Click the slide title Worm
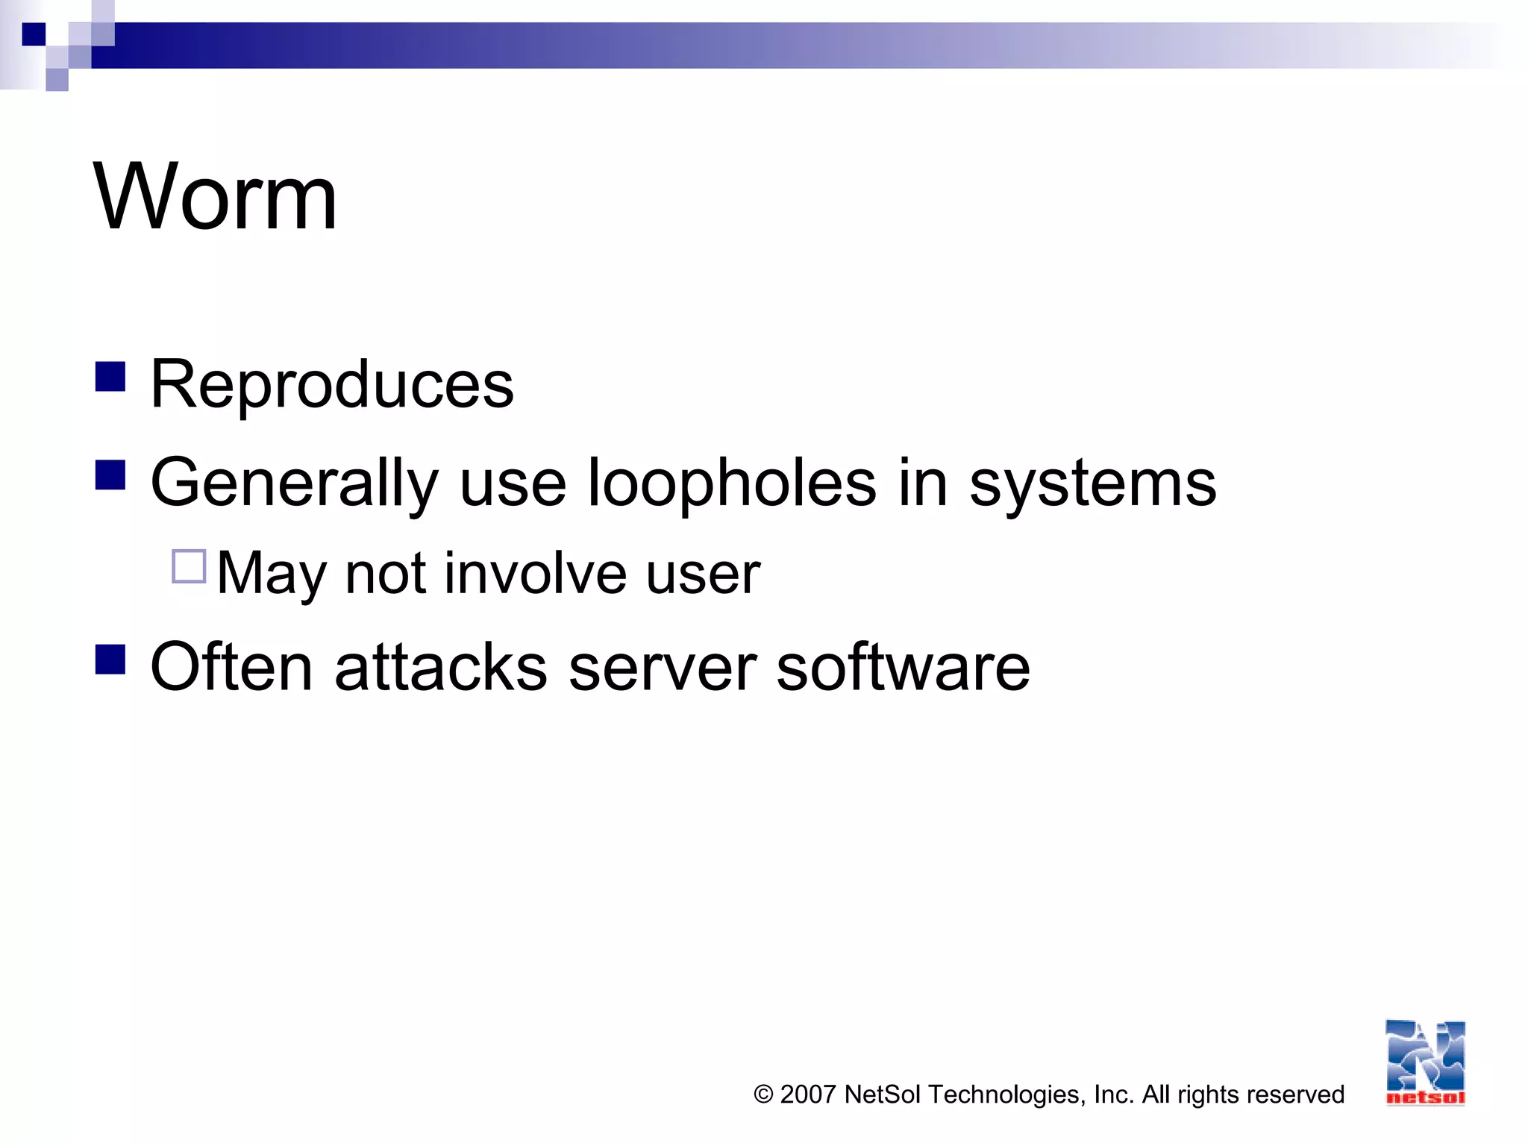pos(215,198)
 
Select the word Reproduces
pos(332,385)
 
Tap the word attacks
pos(441,666)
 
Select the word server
pos(663,666)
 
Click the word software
pos(903,666)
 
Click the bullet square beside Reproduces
pos(110,377)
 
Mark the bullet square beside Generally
pos(110,475)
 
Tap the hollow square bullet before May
pos(189,566)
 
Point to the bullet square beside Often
pos(110,659)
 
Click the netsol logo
pos(1425,1062)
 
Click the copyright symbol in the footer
pos(763,1095)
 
